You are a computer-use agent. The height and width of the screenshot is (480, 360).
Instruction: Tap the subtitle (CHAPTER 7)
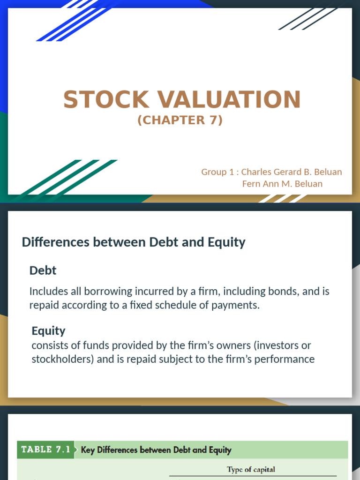pos(180,120)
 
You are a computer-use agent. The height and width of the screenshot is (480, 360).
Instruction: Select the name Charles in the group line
pos(256,172)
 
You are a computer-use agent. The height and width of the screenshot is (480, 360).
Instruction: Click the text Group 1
pos(217,172)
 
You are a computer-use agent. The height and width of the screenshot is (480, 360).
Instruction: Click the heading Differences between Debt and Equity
pos(134,242)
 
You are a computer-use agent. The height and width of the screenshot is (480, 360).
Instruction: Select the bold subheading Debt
pos(43,270)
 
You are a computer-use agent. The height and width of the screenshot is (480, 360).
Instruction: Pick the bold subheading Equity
pos(48,331)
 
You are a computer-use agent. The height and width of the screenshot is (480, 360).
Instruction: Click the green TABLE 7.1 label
pos(46,450)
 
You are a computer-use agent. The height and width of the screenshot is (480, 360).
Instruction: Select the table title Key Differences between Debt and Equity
pos(156,450)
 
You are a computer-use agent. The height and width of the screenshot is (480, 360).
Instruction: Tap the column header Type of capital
pos(251,470)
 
